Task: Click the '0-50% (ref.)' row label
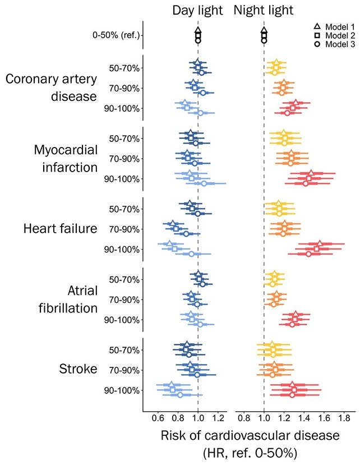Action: (x=116, y=35)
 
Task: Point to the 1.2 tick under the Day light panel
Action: (x=218, y=417)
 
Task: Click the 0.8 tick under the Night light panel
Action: (x=244, y=417)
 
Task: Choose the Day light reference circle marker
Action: (x=198, y=40)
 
